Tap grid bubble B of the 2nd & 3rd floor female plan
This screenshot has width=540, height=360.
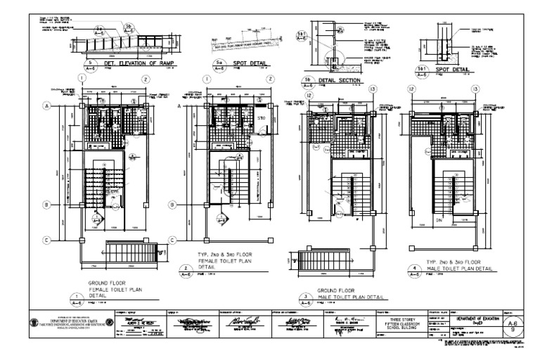tap(171, 205)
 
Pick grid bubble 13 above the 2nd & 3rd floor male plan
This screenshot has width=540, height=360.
tap(477, 89)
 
